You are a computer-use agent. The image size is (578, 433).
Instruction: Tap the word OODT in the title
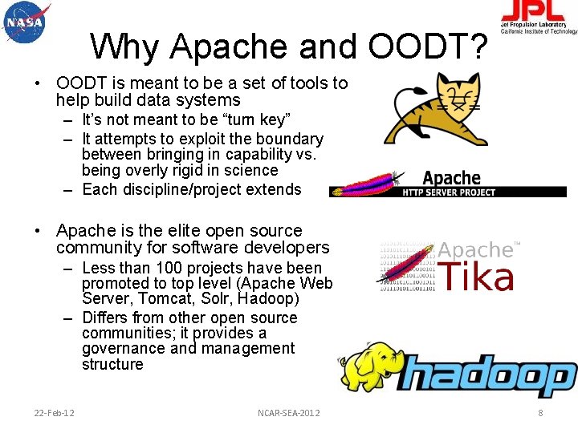click(428, 47)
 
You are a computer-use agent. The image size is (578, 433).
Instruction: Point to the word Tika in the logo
click(477, 277)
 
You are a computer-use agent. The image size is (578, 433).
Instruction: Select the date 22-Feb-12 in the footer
click(55, 413)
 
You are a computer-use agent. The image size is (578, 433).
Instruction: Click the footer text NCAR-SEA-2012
click(288, 413)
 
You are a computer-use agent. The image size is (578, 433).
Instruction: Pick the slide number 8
click(540, 413)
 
